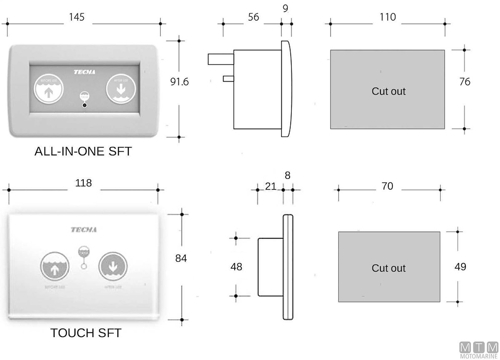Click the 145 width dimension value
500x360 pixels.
77,17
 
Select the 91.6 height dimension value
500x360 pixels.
180,82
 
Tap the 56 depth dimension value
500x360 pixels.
253,17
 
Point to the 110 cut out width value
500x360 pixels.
387,17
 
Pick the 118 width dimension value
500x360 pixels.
84,183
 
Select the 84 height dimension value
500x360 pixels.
181,258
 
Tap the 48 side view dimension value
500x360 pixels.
236,267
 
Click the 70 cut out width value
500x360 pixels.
387,186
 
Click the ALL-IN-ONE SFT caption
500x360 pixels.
83,151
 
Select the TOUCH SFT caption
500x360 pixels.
86,333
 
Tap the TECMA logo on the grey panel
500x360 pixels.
85,72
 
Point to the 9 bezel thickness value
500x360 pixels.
285,8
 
